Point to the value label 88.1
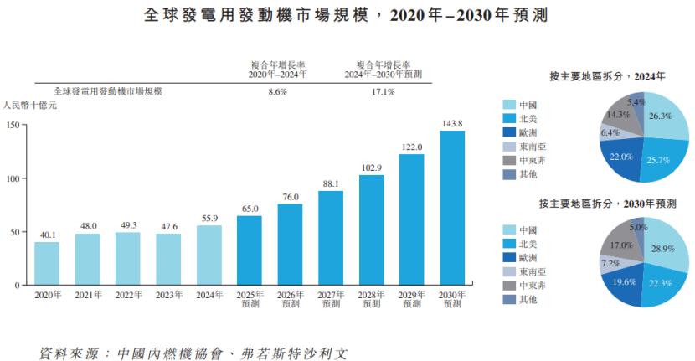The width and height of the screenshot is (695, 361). pyautogui.click(x=330, y=184)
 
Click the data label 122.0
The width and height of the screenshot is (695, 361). pyautogui.click(x=411, y=147)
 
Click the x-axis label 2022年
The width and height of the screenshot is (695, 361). pyautogui.click(x=128, y=295)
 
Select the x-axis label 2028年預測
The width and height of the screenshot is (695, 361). pyautogui.click(x=371, y=299)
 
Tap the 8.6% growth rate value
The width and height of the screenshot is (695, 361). pyautogui.click(x=277, y=91)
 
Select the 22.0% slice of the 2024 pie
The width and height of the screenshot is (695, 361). pyautogui.click(x=620, y=160)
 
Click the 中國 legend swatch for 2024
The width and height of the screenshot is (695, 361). pyautogui.click(x=508, y=105)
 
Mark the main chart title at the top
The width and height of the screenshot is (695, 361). pyautogui.click(x=347, y=15)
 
